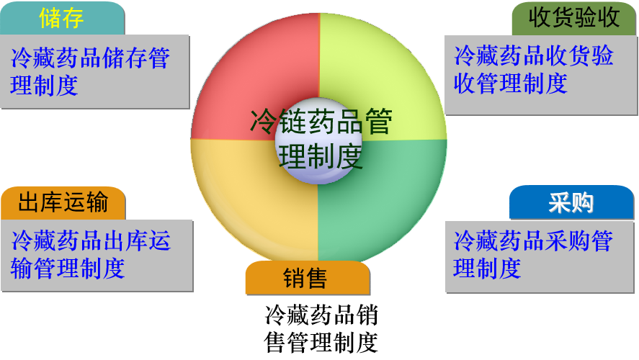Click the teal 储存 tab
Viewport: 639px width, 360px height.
coord(62,18)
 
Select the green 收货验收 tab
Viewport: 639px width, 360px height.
coord(573,18)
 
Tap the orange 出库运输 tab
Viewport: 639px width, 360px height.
coord(63,203)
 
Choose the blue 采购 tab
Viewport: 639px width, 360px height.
coord(571,203)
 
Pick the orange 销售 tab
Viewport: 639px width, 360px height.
coord(307,278)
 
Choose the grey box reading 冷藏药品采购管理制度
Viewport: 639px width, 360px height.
coord(540,255)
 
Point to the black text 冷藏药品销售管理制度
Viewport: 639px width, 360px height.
coord(321,328)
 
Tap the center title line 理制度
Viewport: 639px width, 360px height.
coord(320,156)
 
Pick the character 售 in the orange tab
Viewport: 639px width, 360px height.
coord(317,278)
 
